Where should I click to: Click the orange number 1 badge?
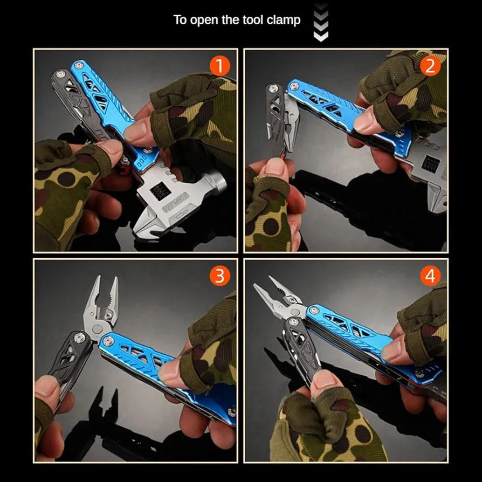click(219, 67)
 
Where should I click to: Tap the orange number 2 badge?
click(430, 67)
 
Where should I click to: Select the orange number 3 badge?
click(219, 277)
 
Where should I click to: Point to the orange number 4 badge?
click(430, 277)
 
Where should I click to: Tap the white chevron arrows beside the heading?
click(321, 23)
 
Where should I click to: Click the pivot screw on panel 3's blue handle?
click(107, 340)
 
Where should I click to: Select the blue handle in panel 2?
click(334, 108)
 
